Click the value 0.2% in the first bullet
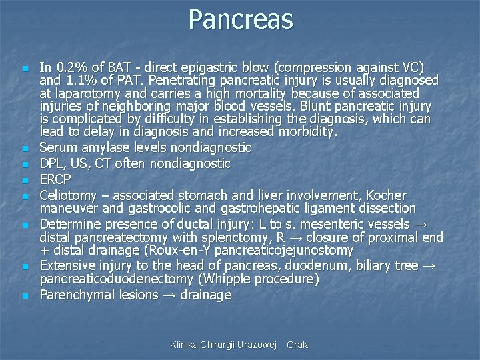click(x=70, y=67)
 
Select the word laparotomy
click(x=87, y=94)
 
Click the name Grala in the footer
click(x=298, y=345)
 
